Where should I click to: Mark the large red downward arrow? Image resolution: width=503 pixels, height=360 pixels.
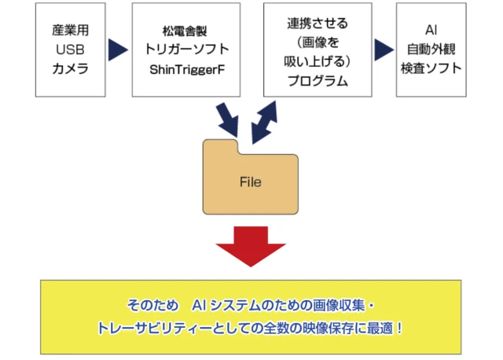251,245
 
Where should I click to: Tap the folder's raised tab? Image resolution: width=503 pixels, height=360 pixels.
221,147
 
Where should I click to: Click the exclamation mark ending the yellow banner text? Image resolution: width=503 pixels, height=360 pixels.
401,326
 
